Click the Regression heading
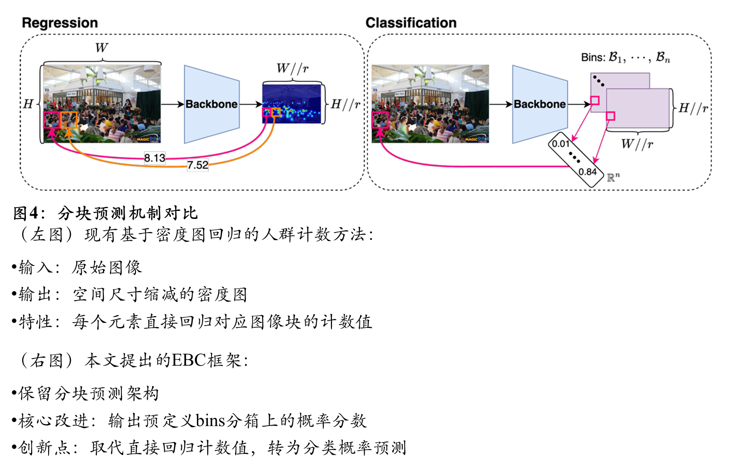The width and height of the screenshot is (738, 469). (x=59, y=23)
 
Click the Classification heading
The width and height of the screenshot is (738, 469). (x=411, y=23)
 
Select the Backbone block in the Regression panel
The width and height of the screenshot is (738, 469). (x=212, y=104)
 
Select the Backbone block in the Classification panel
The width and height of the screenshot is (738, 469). (x=540, y=104)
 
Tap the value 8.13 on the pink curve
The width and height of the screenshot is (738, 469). (x=154, y=158)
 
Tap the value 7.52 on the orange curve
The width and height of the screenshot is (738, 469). (x=197, y=165)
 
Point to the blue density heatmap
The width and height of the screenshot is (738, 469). (x=292, y=104)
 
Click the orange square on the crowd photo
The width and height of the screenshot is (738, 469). (x=69, y=120)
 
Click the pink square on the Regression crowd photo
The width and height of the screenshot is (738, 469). (x=52, y=120)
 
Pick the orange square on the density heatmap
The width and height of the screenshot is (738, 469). (x=276, y=112)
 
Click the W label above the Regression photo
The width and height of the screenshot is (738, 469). (x=101, y=48)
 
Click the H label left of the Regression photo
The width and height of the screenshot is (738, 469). (x=28, y=104)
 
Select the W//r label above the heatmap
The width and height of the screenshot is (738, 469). (x=292, y=68)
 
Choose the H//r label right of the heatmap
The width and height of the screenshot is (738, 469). (x=345, y=104)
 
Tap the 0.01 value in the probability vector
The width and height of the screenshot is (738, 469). (x=560, y=143)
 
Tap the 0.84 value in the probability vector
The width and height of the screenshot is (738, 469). (x=587, y=172)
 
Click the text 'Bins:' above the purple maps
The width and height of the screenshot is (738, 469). (x=593, y=58)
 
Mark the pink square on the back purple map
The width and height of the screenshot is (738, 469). (x=595, y=100)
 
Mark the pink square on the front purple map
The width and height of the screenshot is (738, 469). (x=610, y=116)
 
